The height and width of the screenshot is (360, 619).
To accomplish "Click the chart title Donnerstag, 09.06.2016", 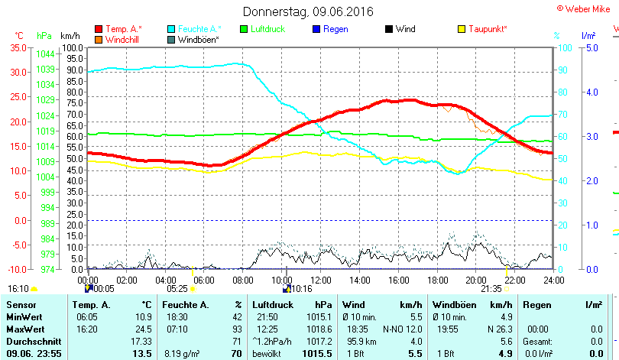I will (308, 11).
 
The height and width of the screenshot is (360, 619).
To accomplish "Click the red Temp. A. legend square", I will (99, 29).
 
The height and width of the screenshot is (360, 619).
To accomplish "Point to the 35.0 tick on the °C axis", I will (17, 47).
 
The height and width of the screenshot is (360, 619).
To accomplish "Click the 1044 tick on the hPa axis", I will (45, 54).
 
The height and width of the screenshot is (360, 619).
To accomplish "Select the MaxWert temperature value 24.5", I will (143, 329).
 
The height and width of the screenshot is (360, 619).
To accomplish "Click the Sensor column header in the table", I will (20, 304).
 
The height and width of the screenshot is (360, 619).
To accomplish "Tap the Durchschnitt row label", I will (31, 341).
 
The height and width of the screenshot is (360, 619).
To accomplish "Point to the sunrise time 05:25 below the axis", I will (177, 289).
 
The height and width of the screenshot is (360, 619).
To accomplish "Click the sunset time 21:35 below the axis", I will (491, 289).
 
